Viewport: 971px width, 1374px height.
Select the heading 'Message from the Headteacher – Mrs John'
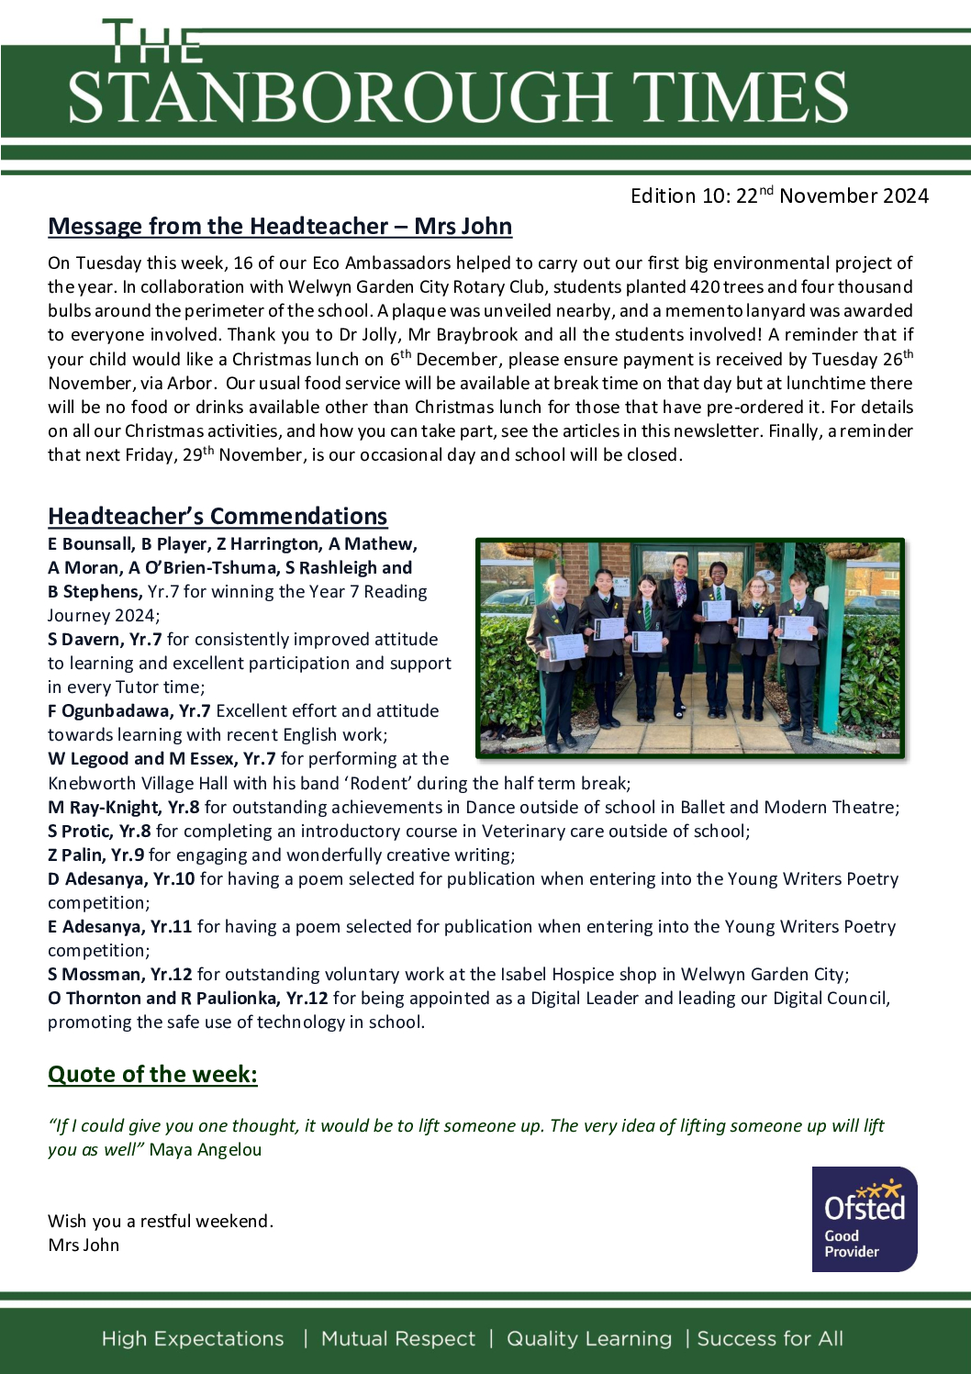(x=280, y=227)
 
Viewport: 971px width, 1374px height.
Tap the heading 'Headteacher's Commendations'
(x=218, y=516)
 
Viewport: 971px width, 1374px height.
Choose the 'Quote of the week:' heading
(x=152, y=1075)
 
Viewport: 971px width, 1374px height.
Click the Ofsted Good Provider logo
(x=864, y=1219)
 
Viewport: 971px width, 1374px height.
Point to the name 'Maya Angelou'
(x=206, y=1150)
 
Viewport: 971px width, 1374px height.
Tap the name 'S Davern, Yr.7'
(x=105, y=640)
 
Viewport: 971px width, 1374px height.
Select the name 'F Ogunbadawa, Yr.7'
(x=129, y=711)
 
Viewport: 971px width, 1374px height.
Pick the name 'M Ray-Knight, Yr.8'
(x=124, y=808)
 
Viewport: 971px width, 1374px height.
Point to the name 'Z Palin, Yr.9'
(x=96, y=855)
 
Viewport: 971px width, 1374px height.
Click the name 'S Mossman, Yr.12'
(x=120, y=975)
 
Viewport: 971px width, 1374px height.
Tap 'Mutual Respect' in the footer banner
(x=398, y=1339)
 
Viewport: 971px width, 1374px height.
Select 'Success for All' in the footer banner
(x=770, y=1339)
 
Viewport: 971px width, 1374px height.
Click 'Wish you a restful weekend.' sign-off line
(x=161, y=1222)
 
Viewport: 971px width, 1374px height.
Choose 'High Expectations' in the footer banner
(x=193, y=1339)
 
